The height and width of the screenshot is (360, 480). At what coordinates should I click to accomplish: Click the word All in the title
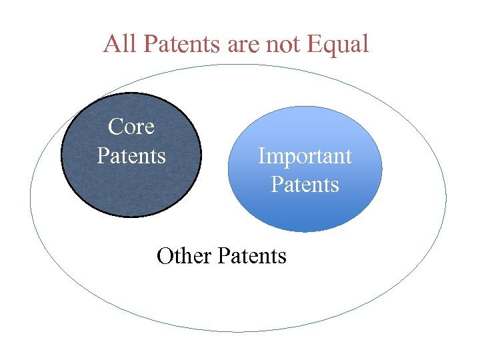[x=121, y=44]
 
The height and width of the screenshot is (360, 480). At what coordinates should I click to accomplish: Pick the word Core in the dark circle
[x=131, y=126]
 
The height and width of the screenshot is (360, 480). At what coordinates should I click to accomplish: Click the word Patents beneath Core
[x=131, y=155]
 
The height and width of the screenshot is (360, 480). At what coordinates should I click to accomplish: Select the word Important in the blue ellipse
[x=305, y=155]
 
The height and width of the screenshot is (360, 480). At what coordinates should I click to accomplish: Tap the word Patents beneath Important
[x=305, y=184]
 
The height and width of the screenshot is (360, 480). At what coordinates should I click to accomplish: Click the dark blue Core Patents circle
[x=131, y=187]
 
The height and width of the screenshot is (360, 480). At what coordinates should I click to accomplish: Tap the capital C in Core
[x=115, y=126]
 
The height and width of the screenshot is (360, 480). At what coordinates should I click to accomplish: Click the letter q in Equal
[x=327, y=47]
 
